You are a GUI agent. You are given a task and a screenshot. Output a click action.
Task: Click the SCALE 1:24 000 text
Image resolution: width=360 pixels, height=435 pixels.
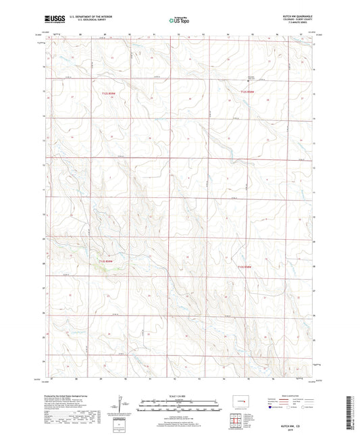click(x=180, y=396)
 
